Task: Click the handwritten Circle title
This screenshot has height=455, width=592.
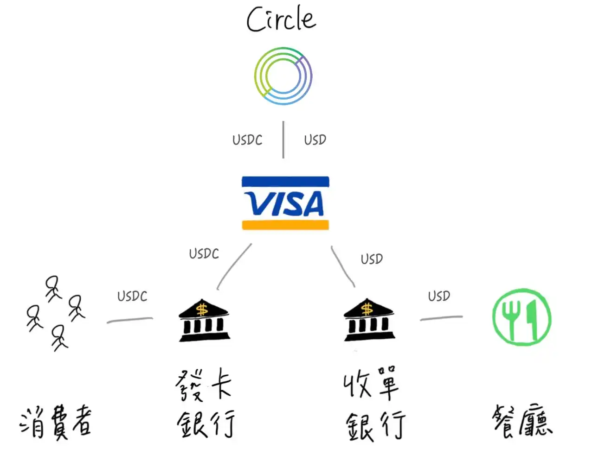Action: (281, 19)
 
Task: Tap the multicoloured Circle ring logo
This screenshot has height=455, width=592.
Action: (283, 76)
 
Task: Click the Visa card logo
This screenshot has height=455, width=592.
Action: (285, 203)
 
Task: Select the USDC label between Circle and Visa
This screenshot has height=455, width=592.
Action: (247, 140)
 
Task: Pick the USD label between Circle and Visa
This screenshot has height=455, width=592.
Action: (315, 139)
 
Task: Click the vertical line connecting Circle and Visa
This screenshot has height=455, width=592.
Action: (283, 140)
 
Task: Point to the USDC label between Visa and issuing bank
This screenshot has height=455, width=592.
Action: (204, 254)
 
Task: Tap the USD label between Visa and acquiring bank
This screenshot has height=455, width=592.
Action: (372, 259)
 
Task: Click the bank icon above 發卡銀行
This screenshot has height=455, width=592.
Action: (204, 321)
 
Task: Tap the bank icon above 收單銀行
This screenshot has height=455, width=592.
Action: (369, 320)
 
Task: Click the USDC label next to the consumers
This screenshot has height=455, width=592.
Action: (132, 296)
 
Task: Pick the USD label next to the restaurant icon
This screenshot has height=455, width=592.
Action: (439, 296)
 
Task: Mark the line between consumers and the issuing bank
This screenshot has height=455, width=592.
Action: (129, 320)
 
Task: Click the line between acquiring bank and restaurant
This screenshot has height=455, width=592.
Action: (441, 318)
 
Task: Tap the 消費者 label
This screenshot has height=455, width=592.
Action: (56, 422)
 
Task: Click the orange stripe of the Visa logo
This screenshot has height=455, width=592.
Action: (285, 225)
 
